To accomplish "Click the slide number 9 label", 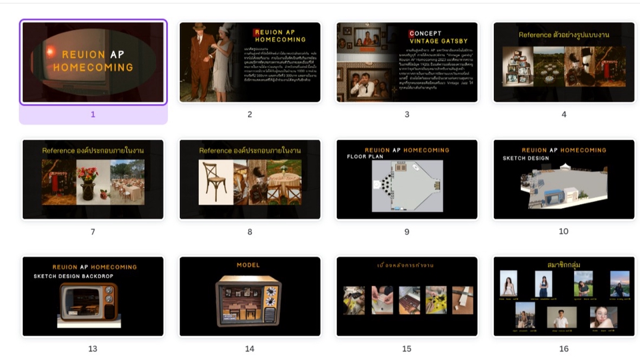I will point(407,232).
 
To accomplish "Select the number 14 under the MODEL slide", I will point(249,349).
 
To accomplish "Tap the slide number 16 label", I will point(563,349).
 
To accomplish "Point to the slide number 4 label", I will point(563,115).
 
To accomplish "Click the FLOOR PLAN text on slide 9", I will point(366,157).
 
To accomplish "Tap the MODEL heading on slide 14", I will point(248,265).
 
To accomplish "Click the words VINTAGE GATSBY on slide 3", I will point(437,41).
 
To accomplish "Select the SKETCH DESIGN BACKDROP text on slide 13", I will point(73,276).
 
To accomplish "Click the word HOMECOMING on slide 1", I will point(93,67).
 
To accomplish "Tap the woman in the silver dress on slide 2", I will point(225,63).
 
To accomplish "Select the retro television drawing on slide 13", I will point(88,304).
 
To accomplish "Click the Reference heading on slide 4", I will point(563,35).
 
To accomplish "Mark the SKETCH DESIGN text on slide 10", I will point(526,159).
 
